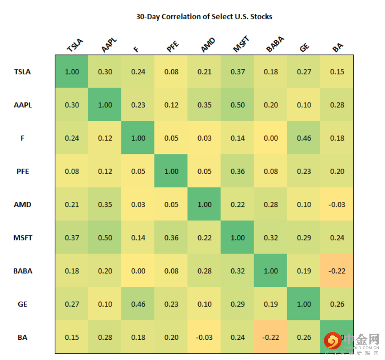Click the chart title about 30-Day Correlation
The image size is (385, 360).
click(x=204, y=17)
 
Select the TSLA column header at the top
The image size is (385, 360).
click(x=75, y=46)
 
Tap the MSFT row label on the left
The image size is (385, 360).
click(x=23, y=238)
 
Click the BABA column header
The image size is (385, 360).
click(x=275, y=44)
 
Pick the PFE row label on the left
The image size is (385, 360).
click(x=23, y=171)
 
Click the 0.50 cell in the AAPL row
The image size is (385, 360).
click(x=238, y=105)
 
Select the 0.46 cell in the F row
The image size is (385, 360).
click(x=304, y=138)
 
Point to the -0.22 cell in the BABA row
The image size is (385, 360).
click(x=337, y=271)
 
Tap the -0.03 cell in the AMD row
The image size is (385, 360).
click(x=337, y=205)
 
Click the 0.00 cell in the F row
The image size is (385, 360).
click(x=271, y=138)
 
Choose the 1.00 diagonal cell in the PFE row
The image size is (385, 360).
click(x=171, y=171)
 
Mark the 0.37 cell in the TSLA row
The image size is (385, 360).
click(x=238, y=72)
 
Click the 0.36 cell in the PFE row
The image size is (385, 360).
click(x=238, y=171)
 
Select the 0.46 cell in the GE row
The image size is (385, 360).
click(x=138, y=304)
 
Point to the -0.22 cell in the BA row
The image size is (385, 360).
click(x=271, y=337)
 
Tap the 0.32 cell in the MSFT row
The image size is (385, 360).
click(x=271, y=238)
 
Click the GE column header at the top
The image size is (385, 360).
click(x=304, y=47)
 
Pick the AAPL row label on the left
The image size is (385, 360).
click(x=23, y=105)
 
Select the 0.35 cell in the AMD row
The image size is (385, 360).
click(x=105, y=205)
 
